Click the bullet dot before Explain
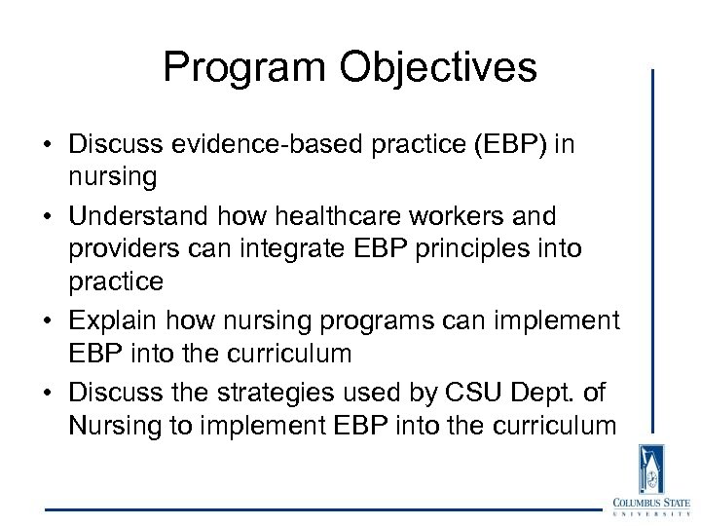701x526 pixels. coord(48,320)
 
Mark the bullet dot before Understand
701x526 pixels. coord(48,216)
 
